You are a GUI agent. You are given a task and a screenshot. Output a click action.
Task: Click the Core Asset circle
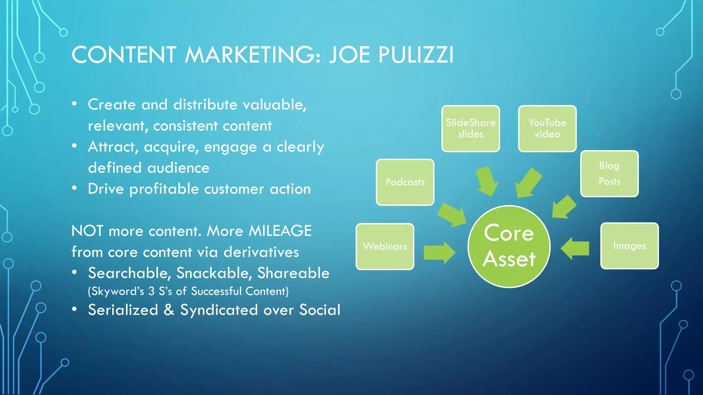click(x=509, y=247)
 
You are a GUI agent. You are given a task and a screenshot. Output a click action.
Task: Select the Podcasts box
click(x=405, y=182)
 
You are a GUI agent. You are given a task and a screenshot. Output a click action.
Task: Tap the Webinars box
click(x=385, y=247)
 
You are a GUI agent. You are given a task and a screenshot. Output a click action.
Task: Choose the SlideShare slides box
click(x=471, y=129)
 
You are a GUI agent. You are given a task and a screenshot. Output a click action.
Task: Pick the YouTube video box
click(x=547, y=129)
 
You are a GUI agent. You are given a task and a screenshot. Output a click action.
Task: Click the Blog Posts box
click(x=609, y=173)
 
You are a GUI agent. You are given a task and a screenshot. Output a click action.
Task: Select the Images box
click(x=630, y=246)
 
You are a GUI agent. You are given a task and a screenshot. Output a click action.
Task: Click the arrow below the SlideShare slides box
click(x=487, y=181)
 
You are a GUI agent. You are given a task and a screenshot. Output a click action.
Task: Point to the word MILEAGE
click(x=280, y=231)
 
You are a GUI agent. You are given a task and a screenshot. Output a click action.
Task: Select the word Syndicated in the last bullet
click(x=219, y=310)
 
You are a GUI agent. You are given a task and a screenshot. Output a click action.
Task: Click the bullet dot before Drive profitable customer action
click(x=74, y=188)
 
